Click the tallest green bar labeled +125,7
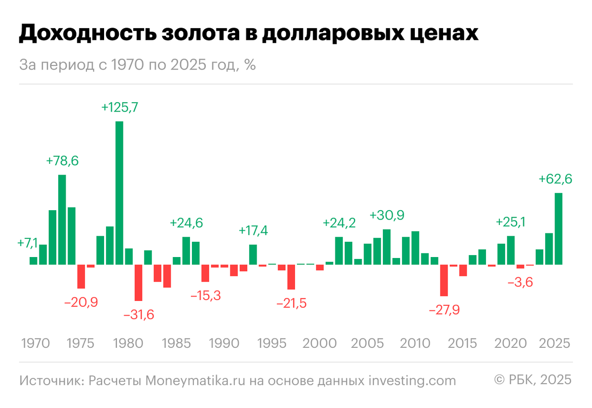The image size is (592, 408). pos(119,192)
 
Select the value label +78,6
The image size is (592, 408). pos(62,161)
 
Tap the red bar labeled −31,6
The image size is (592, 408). pos(139,283)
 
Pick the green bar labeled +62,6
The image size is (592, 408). pos(558,228)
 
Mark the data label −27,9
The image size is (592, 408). pos(445,310)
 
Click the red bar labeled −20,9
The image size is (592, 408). pos(81,276)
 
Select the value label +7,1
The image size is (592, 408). pos(27,243)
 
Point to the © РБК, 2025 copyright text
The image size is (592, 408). pos(533,379)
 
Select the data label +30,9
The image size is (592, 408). pos(387,216)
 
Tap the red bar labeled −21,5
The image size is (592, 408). pos(292,277)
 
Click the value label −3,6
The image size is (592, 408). pos(520,283)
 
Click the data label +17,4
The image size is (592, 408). pos(254,230)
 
